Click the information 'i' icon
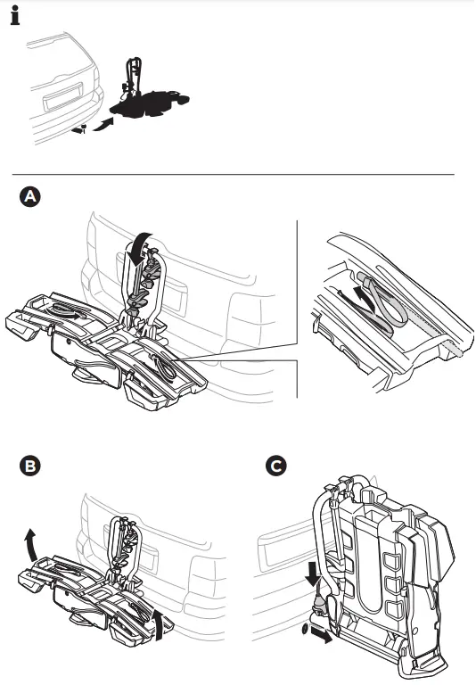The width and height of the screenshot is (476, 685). point(15,17)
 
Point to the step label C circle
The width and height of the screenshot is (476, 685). point(277,466)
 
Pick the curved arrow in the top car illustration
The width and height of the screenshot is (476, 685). point(104,121)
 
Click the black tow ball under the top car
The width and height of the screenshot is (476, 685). point(80,131)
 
